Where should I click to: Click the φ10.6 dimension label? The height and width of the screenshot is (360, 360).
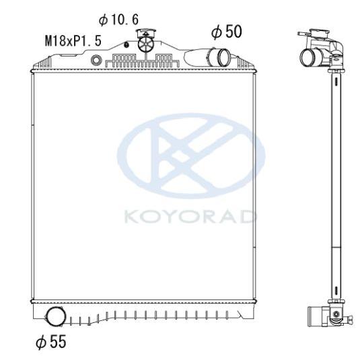click(x=118, y=20)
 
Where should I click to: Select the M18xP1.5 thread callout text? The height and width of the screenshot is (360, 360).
click(x=73, y=41)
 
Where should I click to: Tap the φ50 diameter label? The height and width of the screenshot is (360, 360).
click(x=226, y=32)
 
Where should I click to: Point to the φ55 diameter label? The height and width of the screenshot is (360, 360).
click(x=51, y=342)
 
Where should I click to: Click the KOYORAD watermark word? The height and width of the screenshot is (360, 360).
click(x=190, y=217)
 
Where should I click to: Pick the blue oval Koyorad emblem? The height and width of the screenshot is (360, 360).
click(x=191, y=156)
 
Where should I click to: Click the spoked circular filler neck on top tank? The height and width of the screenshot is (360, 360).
click(x=145, y=44)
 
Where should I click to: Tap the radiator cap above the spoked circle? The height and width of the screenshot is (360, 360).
click(x=146, y=33)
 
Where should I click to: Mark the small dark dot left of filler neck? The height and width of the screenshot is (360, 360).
click(x=126, y=45)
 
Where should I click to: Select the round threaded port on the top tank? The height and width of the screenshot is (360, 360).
click(x=96, y=60)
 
